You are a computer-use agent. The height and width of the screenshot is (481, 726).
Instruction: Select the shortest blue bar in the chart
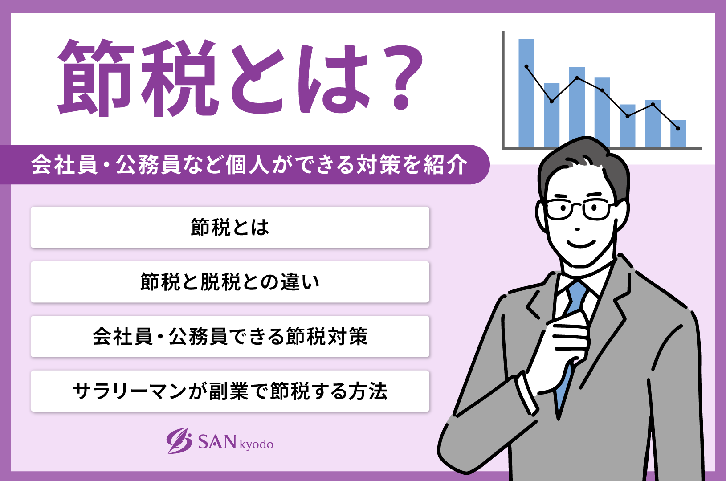678,133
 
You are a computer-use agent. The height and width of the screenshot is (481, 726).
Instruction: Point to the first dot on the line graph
526,67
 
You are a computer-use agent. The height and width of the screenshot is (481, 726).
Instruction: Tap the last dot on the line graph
678,129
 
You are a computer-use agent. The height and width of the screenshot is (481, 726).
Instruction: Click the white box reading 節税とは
230,227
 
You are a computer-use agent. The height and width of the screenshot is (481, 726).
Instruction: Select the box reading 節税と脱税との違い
230,282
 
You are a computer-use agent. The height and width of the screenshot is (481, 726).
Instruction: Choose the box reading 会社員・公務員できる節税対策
230,337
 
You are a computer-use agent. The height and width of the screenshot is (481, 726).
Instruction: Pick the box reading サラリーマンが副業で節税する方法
230,391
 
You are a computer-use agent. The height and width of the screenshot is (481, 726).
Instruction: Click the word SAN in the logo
217,442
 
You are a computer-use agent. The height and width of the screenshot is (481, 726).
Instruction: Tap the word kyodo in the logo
257,444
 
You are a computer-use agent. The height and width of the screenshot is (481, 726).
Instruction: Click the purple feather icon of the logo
179,440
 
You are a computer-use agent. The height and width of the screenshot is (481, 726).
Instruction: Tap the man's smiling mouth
581,244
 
